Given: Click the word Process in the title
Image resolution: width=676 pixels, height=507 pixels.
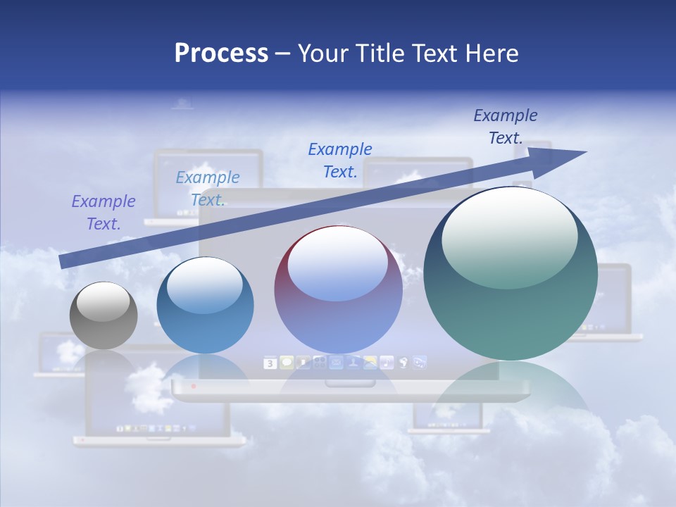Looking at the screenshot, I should [221, 54].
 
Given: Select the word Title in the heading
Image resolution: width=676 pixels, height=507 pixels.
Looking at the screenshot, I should [382, 54].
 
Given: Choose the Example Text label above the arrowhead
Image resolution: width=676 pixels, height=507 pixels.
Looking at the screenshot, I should [505, 127].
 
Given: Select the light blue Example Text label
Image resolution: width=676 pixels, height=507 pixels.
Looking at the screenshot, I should [208, 189].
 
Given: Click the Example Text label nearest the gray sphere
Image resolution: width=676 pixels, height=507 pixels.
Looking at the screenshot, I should [103, 213].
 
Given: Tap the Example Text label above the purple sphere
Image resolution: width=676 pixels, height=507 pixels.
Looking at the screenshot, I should [340, 161].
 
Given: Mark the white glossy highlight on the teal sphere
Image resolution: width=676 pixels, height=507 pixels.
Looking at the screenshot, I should [509, 236].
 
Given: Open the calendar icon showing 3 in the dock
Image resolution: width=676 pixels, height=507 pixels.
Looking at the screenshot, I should [270, 363].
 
